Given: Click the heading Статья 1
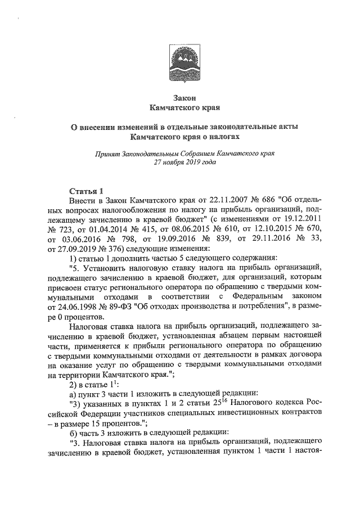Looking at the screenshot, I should [x=85, y=190].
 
